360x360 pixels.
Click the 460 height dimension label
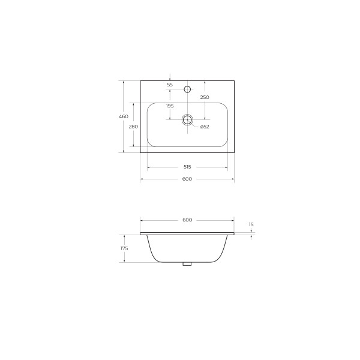pyautogui.click(x=124, y=116)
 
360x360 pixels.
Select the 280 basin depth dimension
pyautogui.click(x=133, y=127)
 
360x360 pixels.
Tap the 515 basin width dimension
pyautogui.click(x=187, y=167)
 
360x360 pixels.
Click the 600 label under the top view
pyautogui.click(x=187, y=179)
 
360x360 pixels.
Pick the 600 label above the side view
pyautogui.click(x=187, y=220)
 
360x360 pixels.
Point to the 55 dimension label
pyautogui.click(x=170, y=85)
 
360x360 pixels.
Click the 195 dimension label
pyautogui.click(x=170, y=106)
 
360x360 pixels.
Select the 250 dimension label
pyautogui.click(x=205, y=97)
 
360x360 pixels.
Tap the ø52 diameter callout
pyautogui.click(x=205, y=127)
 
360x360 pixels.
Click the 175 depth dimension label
pyautogui.click(x=124, y=248)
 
